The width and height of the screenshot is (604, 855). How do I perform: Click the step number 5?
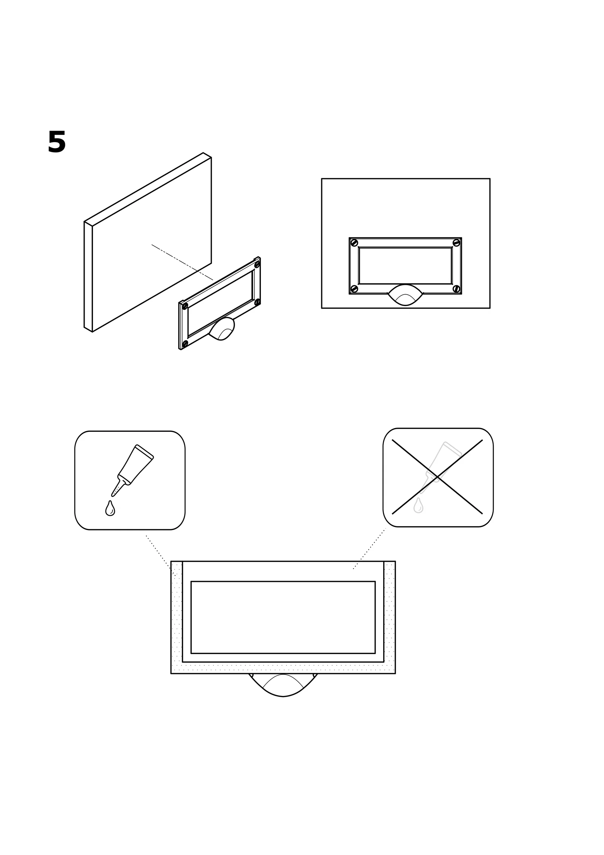tap(57, 142)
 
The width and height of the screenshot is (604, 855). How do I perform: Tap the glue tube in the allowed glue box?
tap(133, 470)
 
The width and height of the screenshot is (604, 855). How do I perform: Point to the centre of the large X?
tap(437, 477)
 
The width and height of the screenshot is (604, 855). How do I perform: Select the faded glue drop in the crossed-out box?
tap(418, 506)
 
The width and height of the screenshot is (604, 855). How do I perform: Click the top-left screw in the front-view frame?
tap(354, 243)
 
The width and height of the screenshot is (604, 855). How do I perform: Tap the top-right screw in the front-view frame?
tap(456, 243)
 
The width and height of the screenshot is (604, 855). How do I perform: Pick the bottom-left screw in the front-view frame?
tap(354, 289)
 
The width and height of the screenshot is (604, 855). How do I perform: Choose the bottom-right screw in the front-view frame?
tap(456, 289)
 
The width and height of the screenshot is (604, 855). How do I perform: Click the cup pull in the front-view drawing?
tap(405, 295)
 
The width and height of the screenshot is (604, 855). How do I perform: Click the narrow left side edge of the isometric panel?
tap(88, 277)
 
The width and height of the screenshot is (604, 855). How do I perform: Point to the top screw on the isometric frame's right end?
tap(257, 265)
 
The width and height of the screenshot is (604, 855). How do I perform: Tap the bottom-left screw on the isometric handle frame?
tap(185, 343)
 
